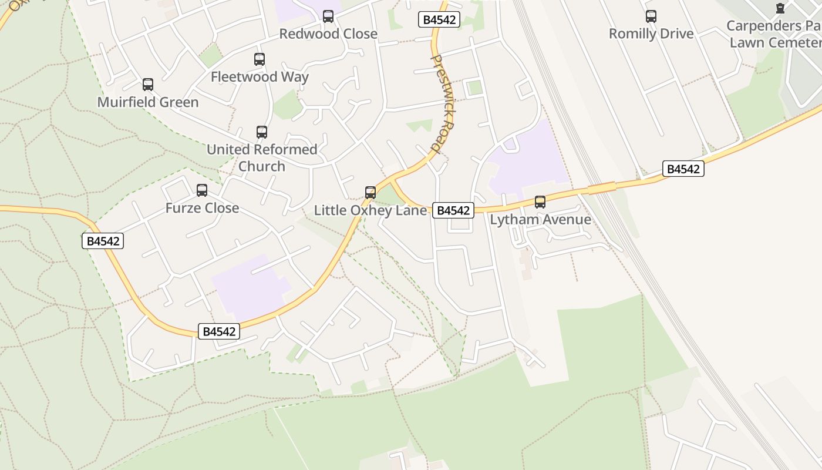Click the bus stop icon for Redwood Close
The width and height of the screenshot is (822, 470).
(x=328, y=16)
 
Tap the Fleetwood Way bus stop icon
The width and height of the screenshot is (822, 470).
(x=260, y=59)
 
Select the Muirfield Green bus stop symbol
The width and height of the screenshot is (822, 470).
(x=148, y=85)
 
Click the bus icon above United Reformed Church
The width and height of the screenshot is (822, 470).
(x=262, y=132)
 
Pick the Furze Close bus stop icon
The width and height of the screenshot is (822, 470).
(x=202, y=190)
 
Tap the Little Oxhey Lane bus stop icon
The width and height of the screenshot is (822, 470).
(x=370, y=193)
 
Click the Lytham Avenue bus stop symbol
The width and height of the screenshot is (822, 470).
(x=540, y=202)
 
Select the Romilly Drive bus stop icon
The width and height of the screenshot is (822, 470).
(x=651, y=16)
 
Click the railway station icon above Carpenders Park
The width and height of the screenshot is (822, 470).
(x=780, y=8)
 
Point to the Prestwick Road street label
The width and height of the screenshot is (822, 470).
(x=443, y=103)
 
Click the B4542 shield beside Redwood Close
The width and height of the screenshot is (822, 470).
(x=439, y=19)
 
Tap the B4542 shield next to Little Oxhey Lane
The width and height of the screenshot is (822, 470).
(x=453, y=210)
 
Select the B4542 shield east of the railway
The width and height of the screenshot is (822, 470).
(x=683, y=169)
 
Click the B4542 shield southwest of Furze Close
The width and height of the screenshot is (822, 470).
(x=103, y=241)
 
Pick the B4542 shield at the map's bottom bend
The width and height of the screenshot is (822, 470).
(x=219, y=331)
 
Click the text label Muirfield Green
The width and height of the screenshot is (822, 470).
(x=148, y=102)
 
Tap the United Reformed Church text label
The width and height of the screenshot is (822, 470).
(x=262, y=157)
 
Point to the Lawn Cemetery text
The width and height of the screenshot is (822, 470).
(x=774, y=42)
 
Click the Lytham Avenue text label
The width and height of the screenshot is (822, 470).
(x=540, y=220)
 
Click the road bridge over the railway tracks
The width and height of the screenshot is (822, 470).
(x=602, y=188)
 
